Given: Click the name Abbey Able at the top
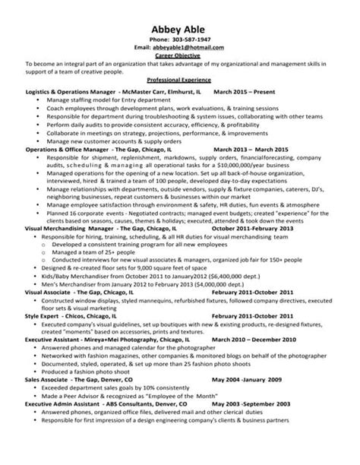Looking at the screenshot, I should click(180, 24).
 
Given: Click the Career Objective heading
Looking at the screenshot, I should click(179, 55).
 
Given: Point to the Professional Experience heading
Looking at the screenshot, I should click(179, 81).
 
